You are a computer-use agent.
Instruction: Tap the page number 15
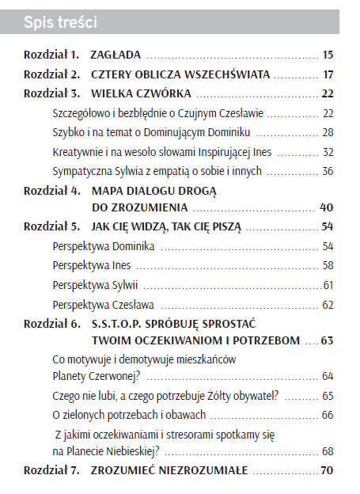click(x=328, y=55)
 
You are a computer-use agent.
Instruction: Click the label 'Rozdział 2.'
click(x=51, y=75)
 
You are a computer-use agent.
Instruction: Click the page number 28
click(x=328, y=131)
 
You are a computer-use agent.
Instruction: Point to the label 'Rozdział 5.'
click(x=51, y=227)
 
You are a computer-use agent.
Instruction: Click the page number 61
click(x=328, y=285)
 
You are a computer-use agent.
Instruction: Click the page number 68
click(x=328, y=451)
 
